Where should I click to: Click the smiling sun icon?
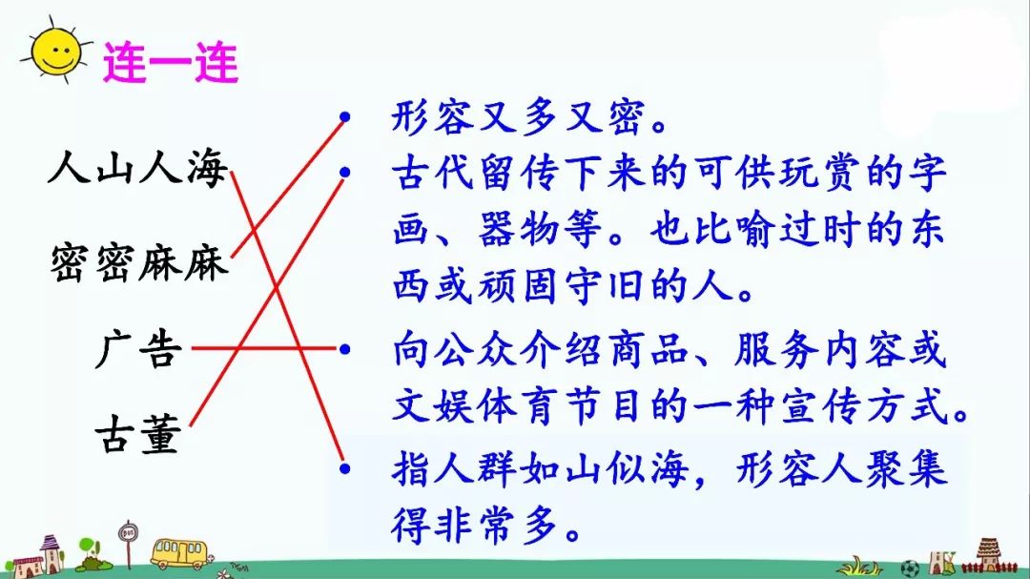point(54,53)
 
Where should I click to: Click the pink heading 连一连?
point(170,63)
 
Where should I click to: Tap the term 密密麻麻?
point(138,261)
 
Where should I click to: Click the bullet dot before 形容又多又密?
point(345,119)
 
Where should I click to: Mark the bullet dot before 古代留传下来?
point(345,173)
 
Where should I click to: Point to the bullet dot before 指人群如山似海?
point(345,468)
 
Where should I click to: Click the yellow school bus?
point(177,551)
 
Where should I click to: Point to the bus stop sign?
point(128,540)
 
